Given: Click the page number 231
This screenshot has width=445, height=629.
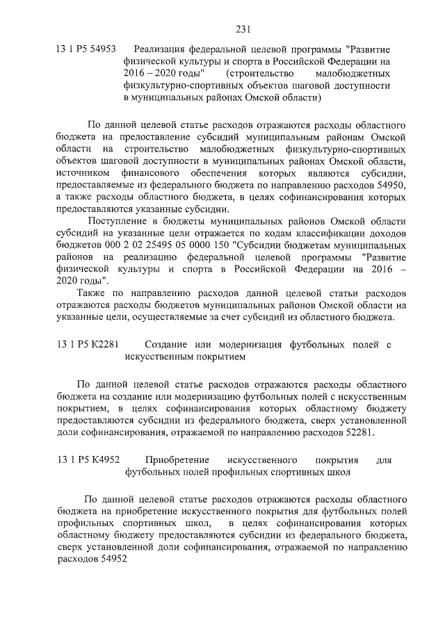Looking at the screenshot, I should (243, 29).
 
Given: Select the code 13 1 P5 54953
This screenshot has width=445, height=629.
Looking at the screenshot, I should (86, 50).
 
